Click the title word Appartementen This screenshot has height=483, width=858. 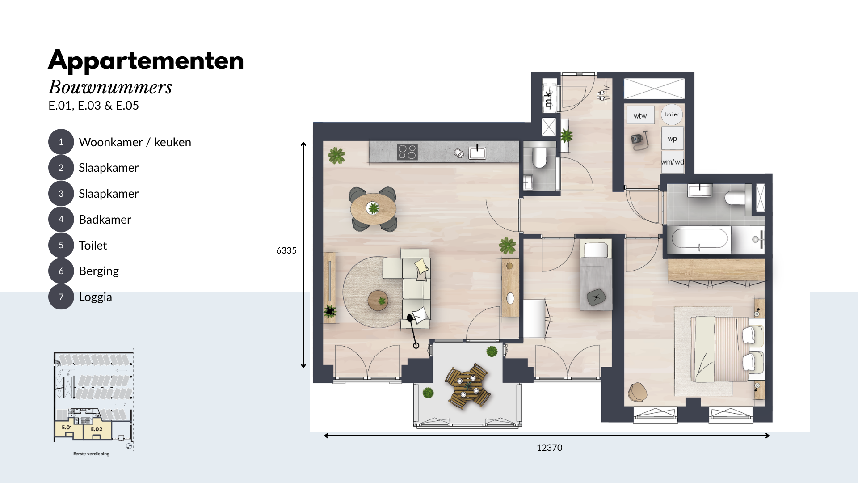146,61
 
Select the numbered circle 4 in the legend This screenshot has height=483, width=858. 61,219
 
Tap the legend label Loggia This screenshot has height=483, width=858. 95,297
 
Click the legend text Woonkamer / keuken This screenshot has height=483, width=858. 135,142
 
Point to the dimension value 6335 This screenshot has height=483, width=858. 286,250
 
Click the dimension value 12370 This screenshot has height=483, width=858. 549,448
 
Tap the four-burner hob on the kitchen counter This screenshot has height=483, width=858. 407,152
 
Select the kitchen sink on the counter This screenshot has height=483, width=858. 477,153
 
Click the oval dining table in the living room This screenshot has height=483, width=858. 373,208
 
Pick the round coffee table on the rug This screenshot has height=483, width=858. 378,301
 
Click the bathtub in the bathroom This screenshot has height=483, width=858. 699,239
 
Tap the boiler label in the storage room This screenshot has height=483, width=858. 672,114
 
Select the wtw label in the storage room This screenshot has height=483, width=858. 640,116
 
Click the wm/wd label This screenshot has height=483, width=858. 673,162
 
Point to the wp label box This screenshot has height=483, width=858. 672,139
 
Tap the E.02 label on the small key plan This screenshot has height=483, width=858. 97,429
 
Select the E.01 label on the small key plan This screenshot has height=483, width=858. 67,428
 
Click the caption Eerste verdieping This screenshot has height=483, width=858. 91,454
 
